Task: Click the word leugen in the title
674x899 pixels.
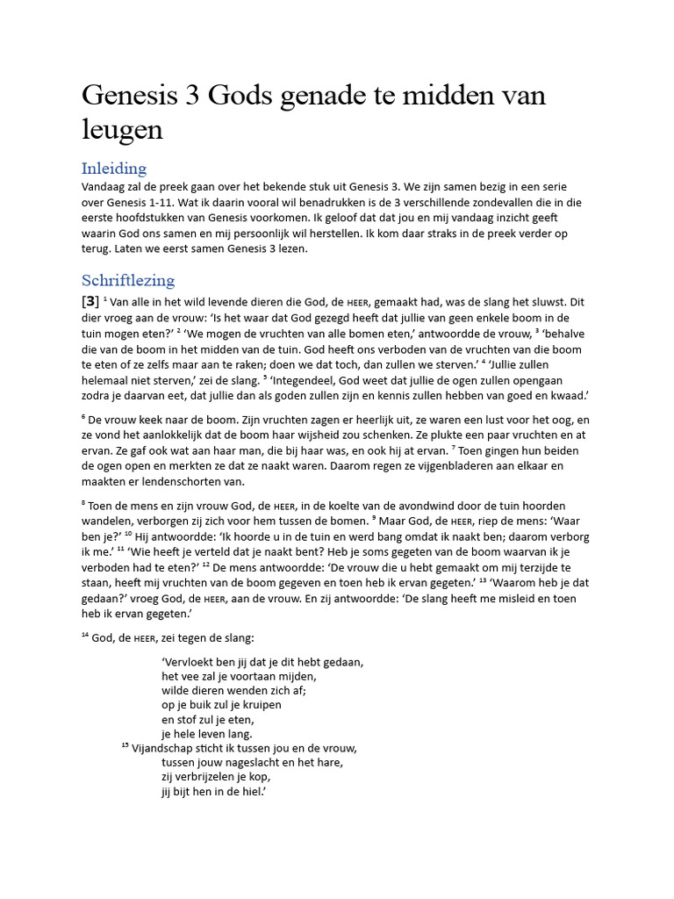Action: pos(122,129)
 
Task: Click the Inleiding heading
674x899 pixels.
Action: pos(114,168)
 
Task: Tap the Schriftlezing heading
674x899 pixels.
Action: pos(128,280)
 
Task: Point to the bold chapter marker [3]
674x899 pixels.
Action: pos(90,302)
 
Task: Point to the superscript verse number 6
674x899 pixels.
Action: pos(84,418)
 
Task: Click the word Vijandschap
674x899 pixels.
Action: pos(168,749)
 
